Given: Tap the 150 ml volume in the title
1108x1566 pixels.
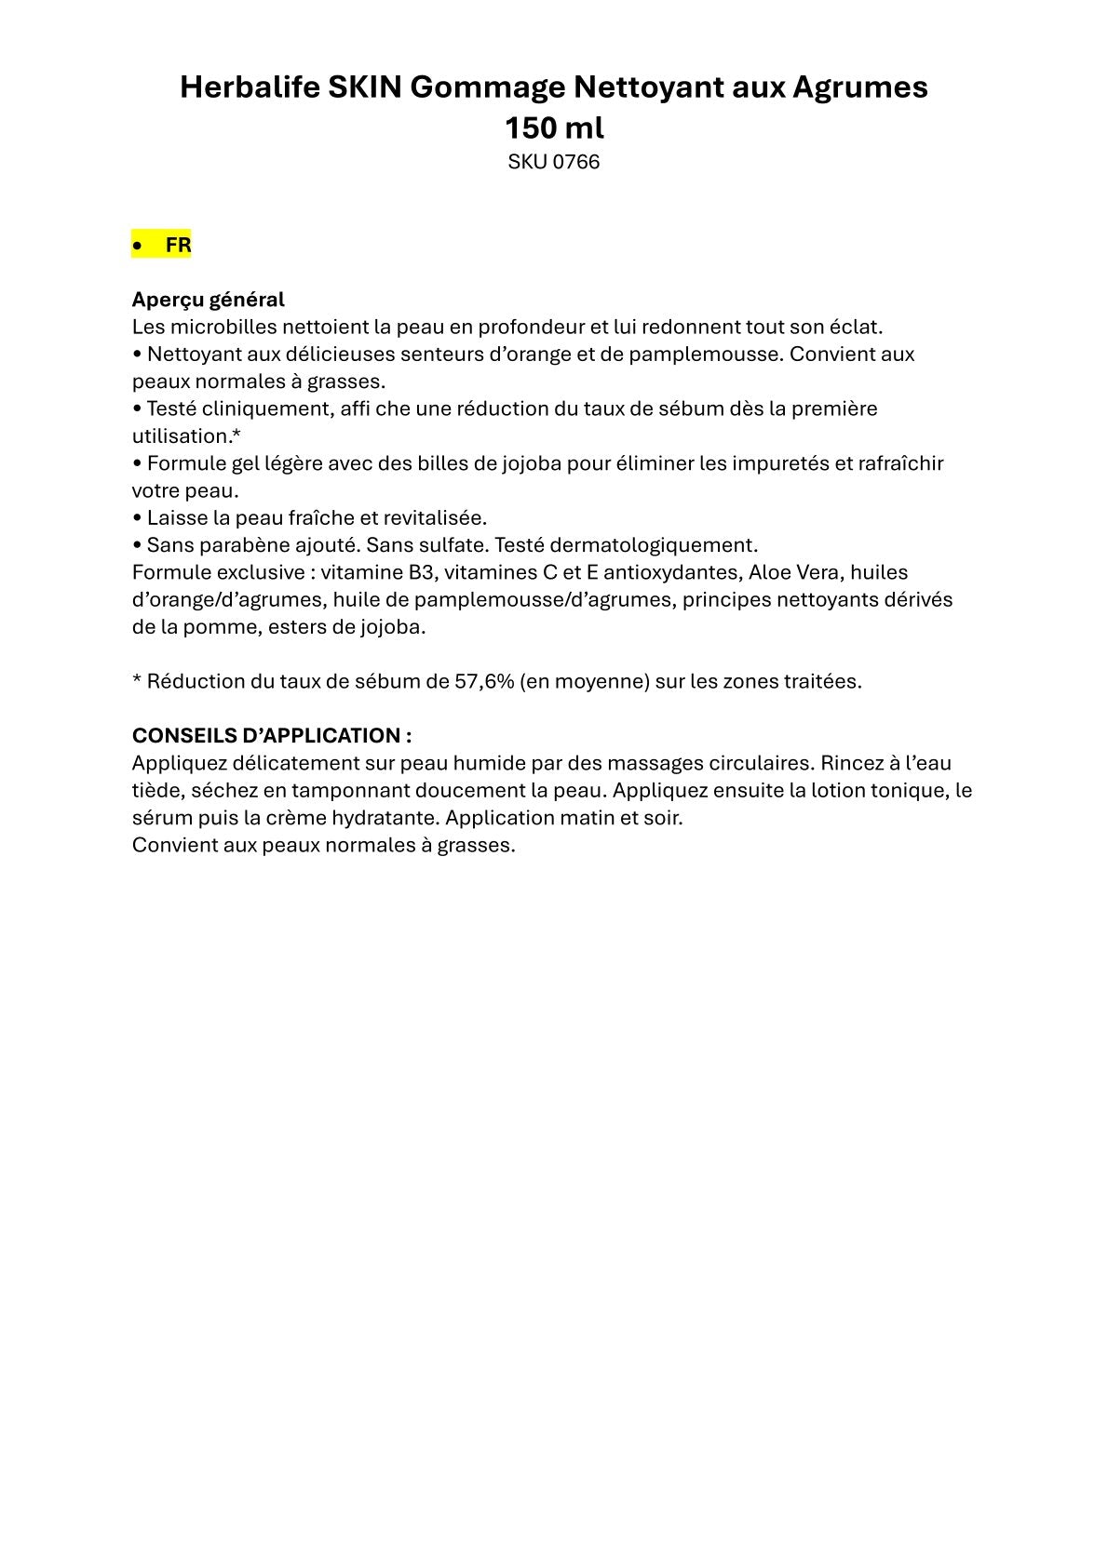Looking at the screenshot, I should pyautogui.click(x=554, y=127).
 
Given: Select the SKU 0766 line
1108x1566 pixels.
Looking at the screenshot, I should pyautogui.click(x=554, y=162).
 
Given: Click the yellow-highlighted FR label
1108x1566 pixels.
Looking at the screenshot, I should pyautogui.click(x=178, y=246).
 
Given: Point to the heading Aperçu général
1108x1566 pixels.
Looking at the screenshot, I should pyautogui.click(x=209, y=300).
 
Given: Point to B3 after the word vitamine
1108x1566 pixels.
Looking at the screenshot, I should pyautogui.click(x=422, y=572).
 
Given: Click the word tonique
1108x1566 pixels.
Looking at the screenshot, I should pyautogui.click(x=900, y=790).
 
